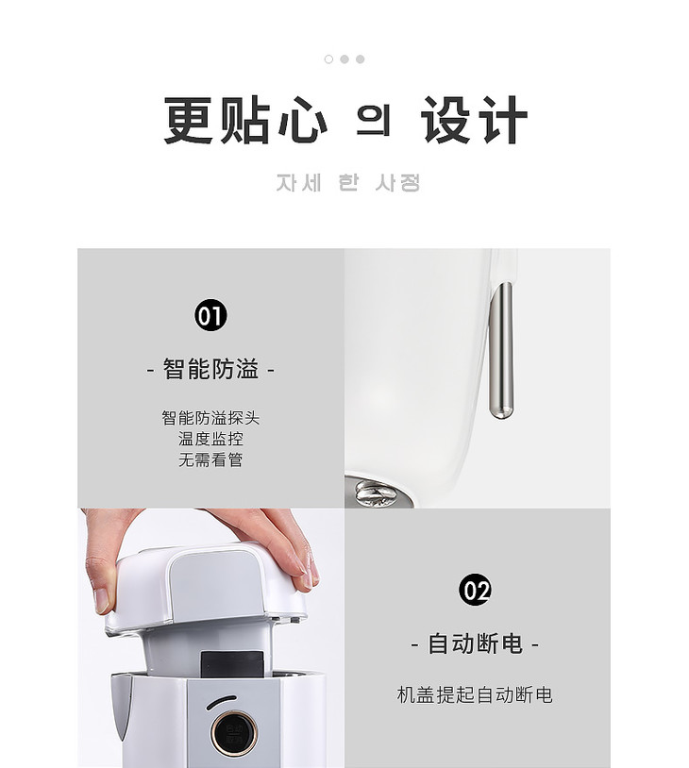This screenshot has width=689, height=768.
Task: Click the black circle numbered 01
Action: point(210,315)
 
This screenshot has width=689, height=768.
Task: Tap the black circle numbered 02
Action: point(475,590)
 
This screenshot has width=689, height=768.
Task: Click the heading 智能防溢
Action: point(210,369)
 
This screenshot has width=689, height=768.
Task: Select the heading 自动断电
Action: point(475,643)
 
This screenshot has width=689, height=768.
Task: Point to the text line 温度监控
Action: point(210,439)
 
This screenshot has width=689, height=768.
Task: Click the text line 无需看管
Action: point(210,459)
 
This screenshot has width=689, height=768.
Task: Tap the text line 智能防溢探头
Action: point(210,418)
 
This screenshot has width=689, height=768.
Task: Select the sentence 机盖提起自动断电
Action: point(475,695)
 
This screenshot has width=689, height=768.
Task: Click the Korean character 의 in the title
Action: point(374,121)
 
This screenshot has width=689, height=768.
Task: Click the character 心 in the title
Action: point(302,120)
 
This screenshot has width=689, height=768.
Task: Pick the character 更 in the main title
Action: point(189,120)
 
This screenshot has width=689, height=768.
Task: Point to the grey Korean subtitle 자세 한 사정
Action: point(348,183)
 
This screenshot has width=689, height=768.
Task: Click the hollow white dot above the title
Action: point(328,59)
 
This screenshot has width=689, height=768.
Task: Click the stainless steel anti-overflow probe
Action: point(501,351)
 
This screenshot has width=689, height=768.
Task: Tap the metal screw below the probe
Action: point(374,493)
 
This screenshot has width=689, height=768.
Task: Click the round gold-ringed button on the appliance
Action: point(233,732)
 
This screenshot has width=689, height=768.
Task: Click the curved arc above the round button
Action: point(221,701)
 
